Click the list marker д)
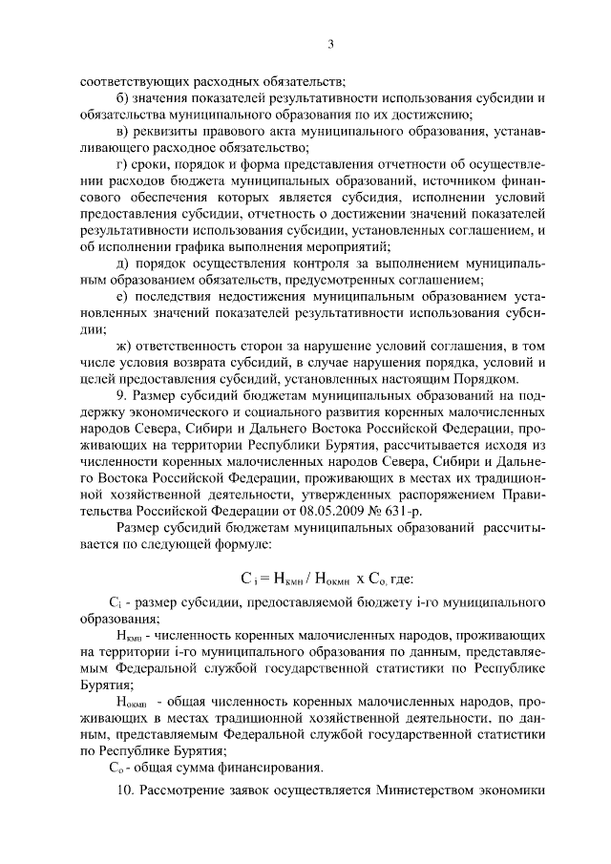tap(121, 263)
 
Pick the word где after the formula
tap(397, 577)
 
